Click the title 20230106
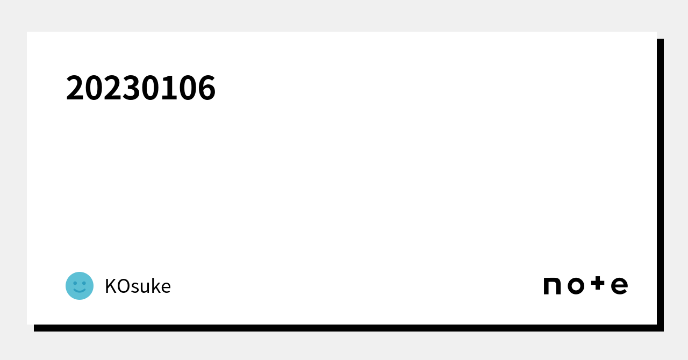pos(141,88)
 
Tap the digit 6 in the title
pos(206,88)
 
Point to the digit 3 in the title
pos(132,88)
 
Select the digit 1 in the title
pos(169,88)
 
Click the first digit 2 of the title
pos(75,88)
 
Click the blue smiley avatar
pos(80,286)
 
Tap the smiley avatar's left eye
pos(75,283)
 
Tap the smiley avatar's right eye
pos(84,283)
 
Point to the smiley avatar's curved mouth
pos(80,290)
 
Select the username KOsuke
pos(138,286)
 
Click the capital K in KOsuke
pos(111,286)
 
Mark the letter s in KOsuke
pos(136,288)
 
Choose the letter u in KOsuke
pos(147,288)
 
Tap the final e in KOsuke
pos(166,288)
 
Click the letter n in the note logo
pos(552,286)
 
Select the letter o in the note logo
pos(576,286)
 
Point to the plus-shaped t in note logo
pos(598,283)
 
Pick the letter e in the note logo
pos(620,286)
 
